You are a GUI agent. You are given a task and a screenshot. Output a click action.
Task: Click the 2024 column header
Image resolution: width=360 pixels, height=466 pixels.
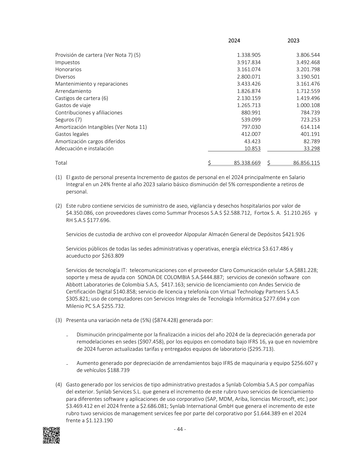[x=234, y=41]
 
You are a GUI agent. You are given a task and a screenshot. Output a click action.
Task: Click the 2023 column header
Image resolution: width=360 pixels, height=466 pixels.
[x=293, y=41]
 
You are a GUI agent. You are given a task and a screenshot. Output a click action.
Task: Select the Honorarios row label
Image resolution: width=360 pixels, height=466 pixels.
[x=68, y=69]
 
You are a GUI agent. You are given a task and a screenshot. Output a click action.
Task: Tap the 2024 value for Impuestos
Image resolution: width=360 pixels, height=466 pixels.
[x=249, y=62]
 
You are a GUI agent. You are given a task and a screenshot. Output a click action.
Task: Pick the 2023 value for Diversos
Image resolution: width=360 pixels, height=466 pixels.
[x=308, y=77]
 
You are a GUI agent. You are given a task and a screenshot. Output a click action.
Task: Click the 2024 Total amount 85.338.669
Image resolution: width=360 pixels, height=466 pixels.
[x=247, y=163]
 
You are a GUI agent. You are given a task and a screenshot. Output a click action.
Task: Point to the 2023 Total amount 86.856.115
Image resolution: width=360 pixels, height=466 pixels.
[x=306, y=163]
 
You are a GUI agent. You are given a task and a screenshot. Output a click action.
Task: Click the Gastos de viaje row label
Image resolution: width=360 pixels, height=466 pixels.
[x=73, y=105]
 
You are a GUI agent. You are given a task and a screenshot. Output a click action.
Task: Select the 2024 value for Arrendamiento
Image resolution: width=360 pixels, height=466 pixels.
[x=249, y=91]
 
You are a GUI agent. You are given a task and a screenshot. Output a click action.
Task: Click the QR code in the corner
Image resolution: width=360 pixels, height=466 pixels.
[x=51, y=435]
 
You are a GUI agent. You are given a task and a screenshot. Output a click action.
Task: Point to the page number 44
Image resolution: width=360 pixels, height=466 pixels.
[x=180, y=430]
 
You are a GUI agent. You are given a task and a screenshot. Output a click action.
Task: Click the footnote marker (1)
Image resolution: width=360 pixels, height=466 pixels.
[x=58, y=177]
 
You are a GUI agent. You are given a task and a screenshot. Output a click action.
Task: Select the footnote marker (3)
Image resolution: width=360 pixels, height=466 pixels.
[x=58, y=320]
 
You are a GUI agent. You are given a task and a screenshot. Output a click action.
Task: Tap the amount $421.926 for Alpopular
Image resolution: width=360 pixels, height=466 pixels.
[x=293, y=234]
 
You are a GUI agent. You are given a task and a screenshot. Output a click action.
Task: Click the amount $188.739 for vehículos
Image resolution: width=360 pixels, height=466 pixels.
[x=118, y=370]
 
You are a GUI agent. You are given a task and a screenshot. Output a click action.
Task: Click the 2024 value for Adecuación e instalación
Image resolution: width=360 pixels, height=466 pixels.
[x=252, y=149]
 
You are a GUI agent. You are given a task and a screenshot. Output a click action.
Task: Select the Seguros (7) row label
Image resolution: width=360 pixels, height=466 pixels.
[x=68, y=120]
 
